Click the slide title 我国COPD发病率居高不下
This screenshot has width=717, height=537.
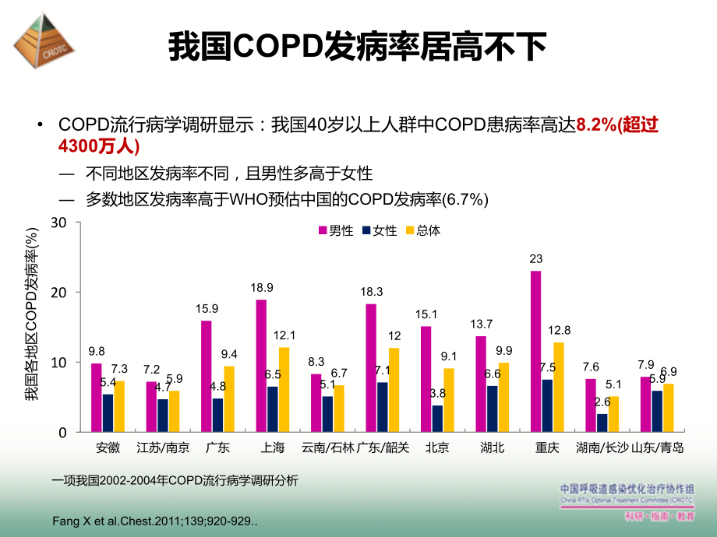point(358,47)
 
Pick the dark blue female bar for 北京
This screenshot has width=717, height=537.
point(437,419)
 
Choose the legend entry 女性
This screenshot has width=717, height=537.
point(379,230)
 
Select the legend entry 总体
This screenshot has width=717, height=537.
point(422,230)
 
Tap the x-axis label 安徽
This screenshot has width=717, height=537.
point(108,447)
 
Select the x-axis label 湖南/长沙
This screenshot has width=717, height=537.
point(602,447)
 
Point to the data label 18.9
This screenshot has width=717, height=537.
point(261,289)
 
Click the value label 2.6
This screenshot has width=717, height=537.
point(602,402)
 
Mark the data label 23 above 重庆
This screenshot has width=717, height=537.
point(535,259)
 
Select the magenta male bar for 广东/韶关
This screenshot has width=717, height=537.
point(371,368)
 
